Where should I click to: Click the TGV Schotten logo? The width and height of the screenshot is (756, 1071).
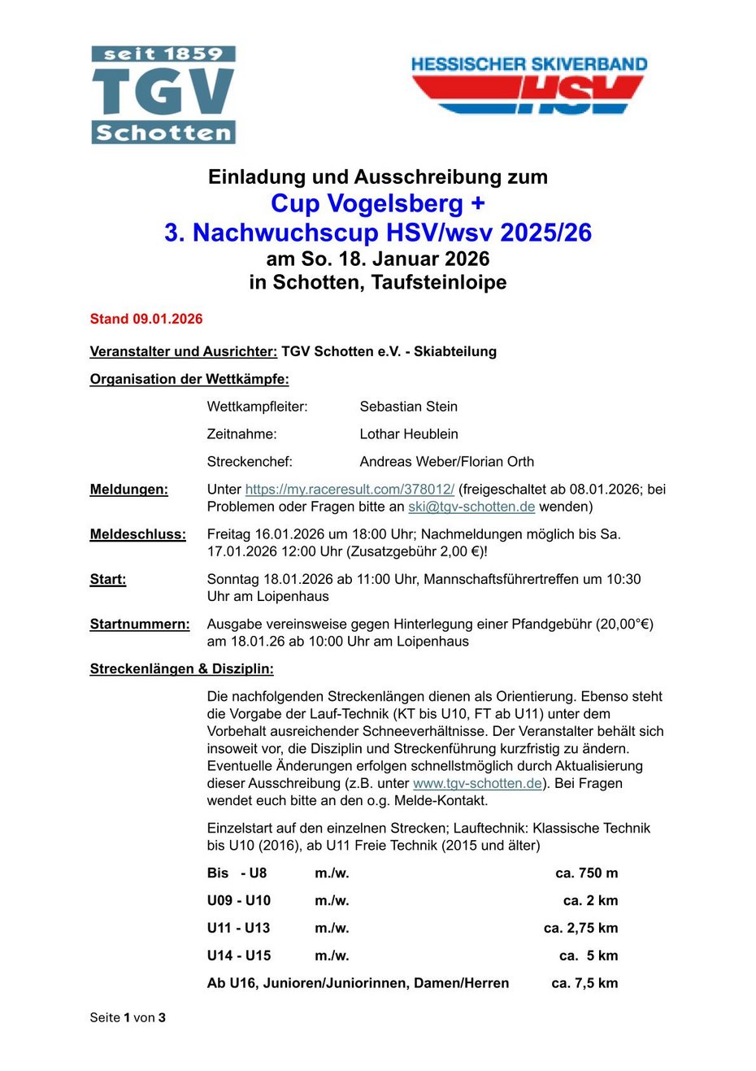click(163, 95)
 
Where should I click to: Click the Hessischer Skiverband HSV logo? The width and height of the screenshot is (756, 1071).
click(528, 85)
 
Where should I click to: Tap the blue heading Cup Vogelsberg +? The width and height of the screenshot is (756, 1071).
click(377, 203)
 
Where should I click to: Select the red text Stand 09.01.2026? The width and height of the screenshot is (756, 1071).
click(146, 319)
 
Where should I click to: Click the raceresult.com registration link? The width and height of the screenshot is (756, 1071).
click(350, 489)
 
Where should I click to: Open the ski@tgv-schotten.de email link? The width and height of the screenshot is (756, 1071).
click(471, 507)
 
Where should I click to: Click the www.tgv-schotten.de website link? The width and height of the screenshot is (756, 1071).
click(477, 783)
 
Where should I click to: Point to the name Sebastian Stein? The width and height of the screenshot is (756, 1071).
click(408, 407)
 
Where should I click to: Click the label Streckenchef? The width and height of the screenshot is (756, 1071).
click(250, 462)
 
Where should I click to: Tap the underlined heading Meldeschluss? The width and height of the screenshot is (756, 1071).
click(137, 534)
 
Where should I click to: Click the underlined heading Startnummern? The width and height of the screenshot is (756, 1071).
click(140, 624)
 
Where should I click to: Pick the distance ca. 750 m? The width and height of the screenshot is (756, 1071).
click(586, 873)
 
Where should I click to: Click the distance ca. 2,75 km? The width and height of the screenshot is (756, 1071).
click(580, 928)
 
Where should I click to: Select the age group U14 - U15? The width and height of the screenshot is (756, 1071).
click(239, 956)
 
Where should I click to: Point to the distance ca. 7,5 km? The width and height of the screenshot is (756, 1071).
click(584, 983)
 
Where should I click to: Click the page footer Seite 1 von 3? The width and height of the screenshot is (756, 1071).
click(128, 1017)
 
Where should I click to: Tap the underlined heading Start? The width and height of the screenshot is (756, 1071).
click(108, 579)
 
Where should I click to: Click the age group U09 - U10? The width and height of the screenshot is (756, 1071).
click(239, 900)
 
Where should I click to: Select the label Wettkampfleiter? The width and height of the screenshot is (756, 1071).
click(258, 407)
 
